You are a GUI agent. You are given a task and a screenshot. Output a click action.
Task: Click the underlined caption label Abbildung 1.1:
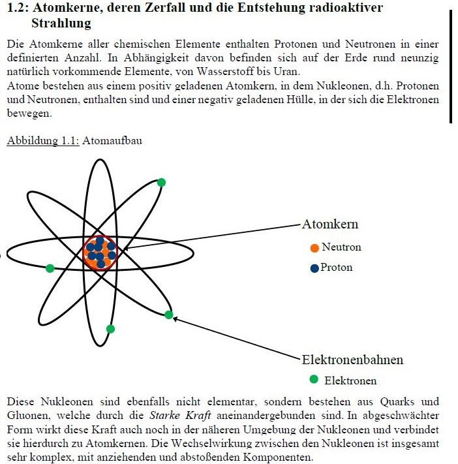coord(43,141)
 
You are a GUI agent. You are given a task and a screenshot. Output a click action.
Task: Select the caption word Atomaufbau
coord(112,141)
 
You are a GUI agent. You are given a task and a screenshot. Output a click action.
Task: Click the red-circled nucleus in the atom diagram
coord(100,253)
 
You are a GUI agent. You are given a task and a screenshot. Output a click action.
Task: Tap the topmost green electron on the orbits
coord(161,182)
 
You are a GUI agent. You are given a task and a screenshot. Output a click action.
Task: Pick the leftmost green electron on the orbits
coord(50,268)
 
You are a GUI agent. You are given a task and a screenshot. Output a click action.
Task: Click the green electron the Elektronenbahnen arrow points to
coord(168,315)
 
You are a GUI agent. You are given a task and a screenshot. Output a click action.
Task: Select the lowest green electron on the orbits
coord(110,329)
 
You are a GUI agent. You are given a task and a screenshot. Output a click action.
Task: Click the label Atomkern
coord(330,224)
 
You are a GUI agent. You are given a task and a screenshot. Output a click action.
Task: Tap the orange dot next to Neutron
coord(314,248)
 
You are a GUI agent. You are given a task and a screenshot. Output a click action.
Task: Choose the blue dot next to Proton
coord(314,268)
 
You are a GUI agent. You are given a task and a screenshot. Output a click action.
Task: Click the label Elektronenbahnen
coord(352,360)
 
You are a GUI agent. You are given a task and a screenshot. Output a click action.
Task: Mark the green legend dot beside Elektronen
coord(314,379)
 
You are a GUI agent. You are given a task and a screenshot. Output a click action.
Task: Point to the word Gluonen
coord(27,415)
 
